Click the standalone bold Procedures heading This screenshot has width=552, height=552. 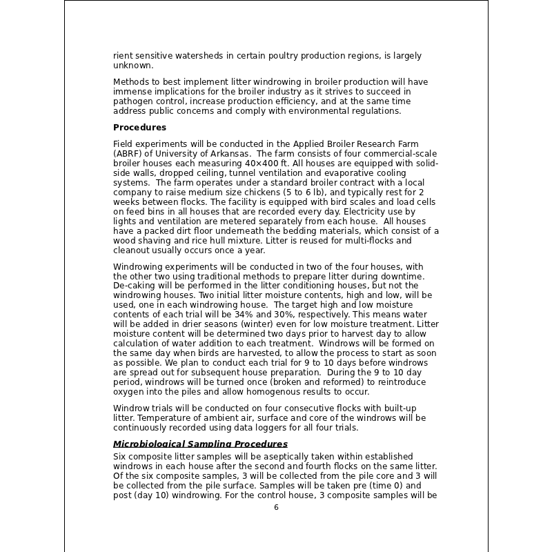point(139,128)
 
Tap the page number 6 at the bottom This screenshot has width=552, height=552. point(276,507)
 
